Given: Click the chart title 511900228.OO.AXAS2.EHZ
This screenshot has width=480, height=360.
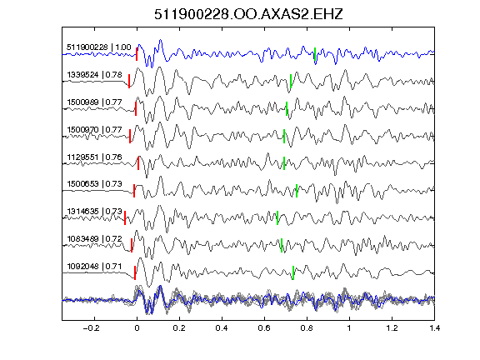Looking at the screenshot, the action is (248, 14).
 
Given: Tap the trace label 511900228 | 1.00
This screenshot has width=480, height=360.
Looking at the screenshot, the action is (99, 47).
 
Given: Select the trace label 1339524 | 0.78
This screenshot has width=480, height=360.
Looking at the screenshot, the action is (94, 75).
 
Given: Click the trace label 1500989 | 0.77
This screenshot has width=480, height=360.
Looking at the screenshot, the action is (94, 102).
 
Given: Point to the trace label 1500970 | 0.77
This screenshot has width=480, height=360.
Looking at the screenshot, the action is (94, 129).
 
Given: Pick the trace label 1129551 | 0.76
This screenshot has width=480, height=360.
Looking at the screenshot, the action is (94, 157).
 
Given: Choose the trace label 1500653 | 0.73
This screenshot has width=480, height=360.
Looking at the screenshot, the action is (94, 183).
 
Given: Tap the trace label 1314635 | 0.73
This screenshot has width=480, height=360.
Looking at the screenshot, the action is (94, 211).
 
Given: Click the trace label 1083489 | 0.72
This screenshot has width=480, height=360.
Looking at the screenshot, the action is (94, 239).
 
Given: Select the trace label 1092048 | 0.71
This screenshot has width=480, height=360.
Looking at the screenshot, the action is (94, 267).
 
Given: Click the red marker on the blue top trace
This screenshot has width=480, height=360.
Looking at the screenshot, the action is (137, 54).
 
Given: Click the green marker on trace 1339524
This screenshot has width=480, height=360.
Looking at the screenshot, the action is (291, 82).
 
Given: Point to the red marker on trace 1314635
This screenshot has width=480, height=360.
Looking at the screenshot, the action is (125, 218).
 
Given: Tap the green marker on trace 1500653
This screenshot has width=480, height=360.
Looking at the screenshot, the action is (297, 191).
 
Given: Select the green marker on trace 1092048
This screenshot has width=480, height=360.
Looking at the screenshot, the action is (293, 272).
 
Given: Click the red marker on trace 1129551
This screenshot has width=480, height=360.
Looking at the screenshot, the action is (138, 163).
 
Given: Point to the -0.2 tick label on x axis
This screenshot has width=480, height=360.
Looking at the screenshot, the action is (92, 328).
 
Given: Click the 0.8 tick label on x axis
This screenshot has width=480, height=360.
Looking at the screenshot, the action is (307, 328).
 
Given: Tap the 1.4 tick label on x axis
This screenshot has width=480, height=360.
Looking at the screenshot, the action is (434, 328).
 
